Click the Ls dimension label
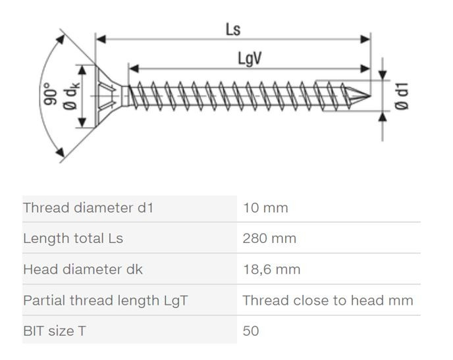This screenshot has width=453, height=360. [x=233, y=30]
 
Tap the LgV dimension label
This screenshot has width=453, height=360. [x=250, y=59]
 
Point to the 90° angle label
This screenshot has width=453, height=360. [x=50, y=93]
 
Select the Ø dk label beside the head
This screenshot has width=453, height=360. [x=71, y=95]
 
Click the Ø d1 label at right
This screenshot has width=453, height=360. [x=402, y=96]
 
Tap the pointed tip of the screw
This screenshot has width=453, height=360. [x=370, y=96]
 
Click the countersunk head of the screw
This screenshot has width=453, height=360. [x=109, y=95]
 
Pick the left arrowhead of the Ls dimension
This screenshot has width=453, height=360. [x=101, y=39]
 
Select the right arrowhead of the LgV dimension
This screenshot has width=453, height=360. [x=365, y=68]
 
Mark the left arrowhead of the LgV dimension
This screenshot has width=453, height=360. [x=134, y=68]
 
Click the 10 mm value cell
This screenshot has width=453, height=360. [x=265, y=208]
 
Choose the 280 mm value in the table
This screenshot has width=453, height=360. [x=269, y=238]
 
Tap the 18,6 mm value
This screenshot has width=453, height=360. [x=271, y=269]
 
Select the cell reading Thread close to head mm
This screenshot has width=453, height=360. [x=328, y=300]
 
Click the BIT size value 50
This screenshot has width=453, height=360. [x=251, y=331]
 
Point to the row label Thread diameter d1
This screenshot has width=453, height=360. [x=88, y=208]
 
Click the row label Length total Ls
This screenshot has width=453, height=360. [x=73, y=238]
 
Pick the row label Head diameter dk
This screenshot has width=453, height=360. [x=83, y=269]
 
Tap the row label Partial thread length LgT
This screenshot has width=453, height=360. [x=105, y=300]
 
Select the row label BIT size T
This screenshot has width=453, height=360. [x=54, y=331]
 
